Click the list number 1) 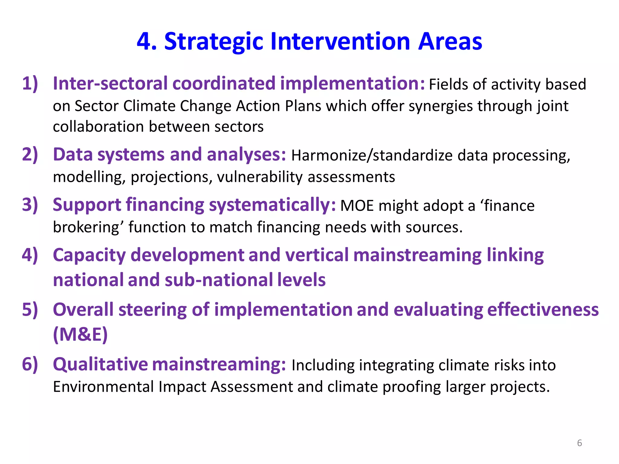[30, 83]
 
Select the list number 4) [30, 255]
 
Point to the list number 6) [30, 364]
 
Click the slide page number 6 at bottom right [579, 443]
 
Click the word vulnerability [260, 177]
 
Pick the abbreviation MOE [357, 206]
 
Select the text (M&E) [80, 334]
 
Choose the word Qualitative [100, 365]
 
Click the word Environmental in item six [103, 387]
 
